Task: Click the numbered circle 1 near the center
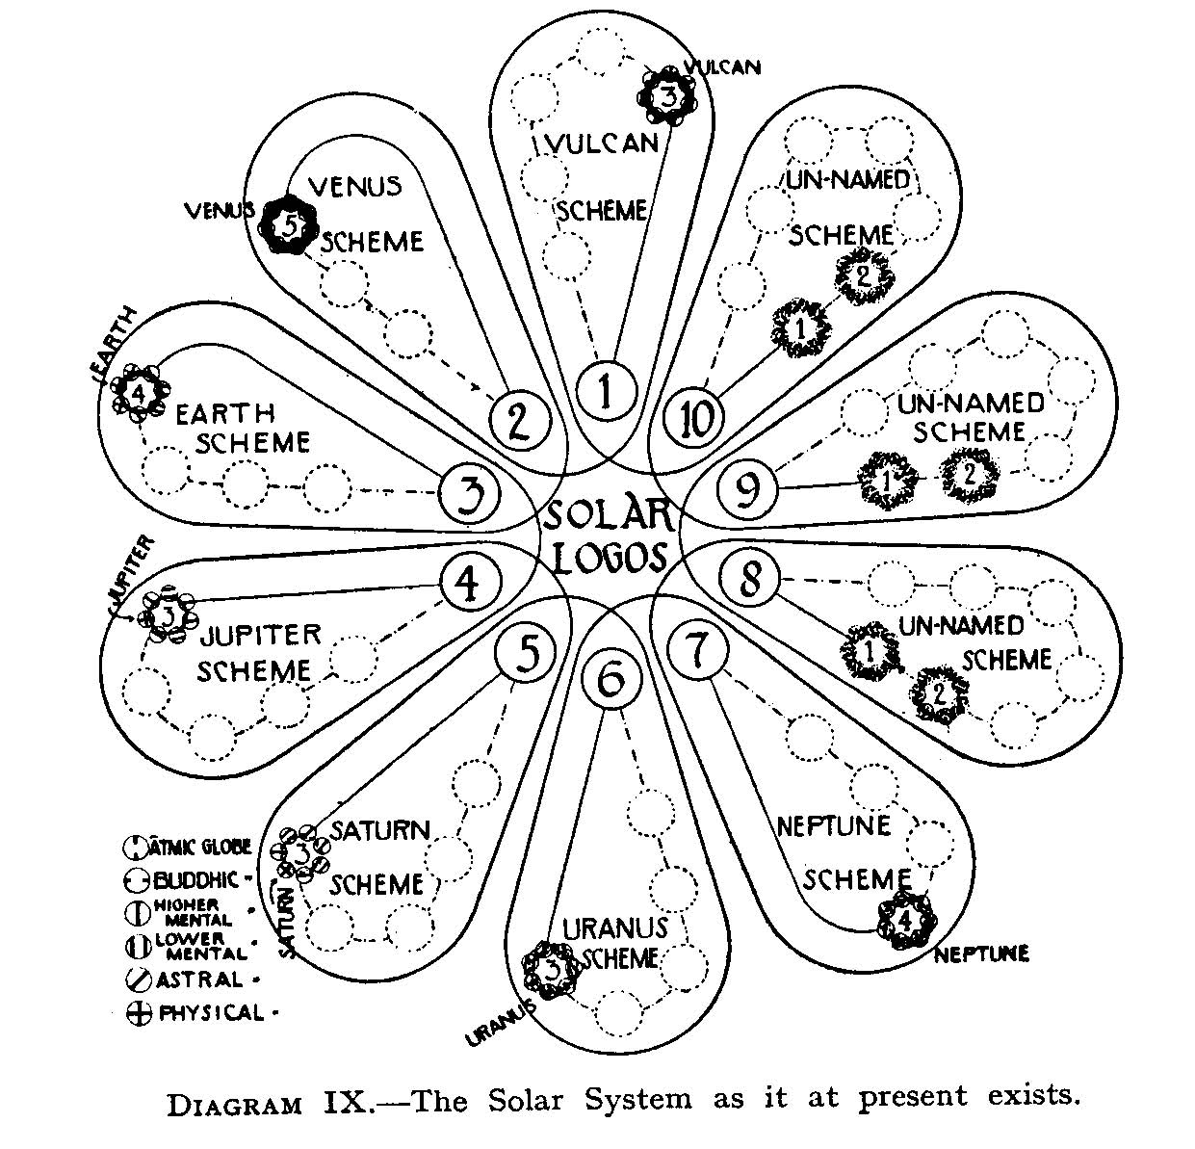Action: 605,392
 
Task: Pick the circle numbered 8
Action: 750,580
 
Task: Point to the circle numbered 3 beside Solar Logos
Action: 469,495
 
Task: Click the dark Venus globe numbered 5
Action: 291,225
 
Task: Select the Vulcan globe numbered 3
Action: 670,95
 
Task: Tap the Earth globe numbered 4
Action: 139,393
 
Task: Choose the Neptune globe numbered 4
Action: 905,919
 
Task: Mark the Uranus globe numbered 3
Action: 552,969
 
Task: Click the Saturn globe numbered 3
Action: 301,852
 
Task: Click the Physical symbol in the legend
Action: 139,1014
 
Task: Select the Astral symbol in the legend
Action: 139,980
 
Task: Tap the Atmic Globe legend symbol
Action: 138,847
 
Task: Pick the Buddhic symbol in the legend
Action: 138,879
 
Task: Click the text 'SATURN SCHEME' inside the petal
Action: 378,856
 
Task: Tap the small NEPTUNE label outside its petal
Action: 980,953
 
